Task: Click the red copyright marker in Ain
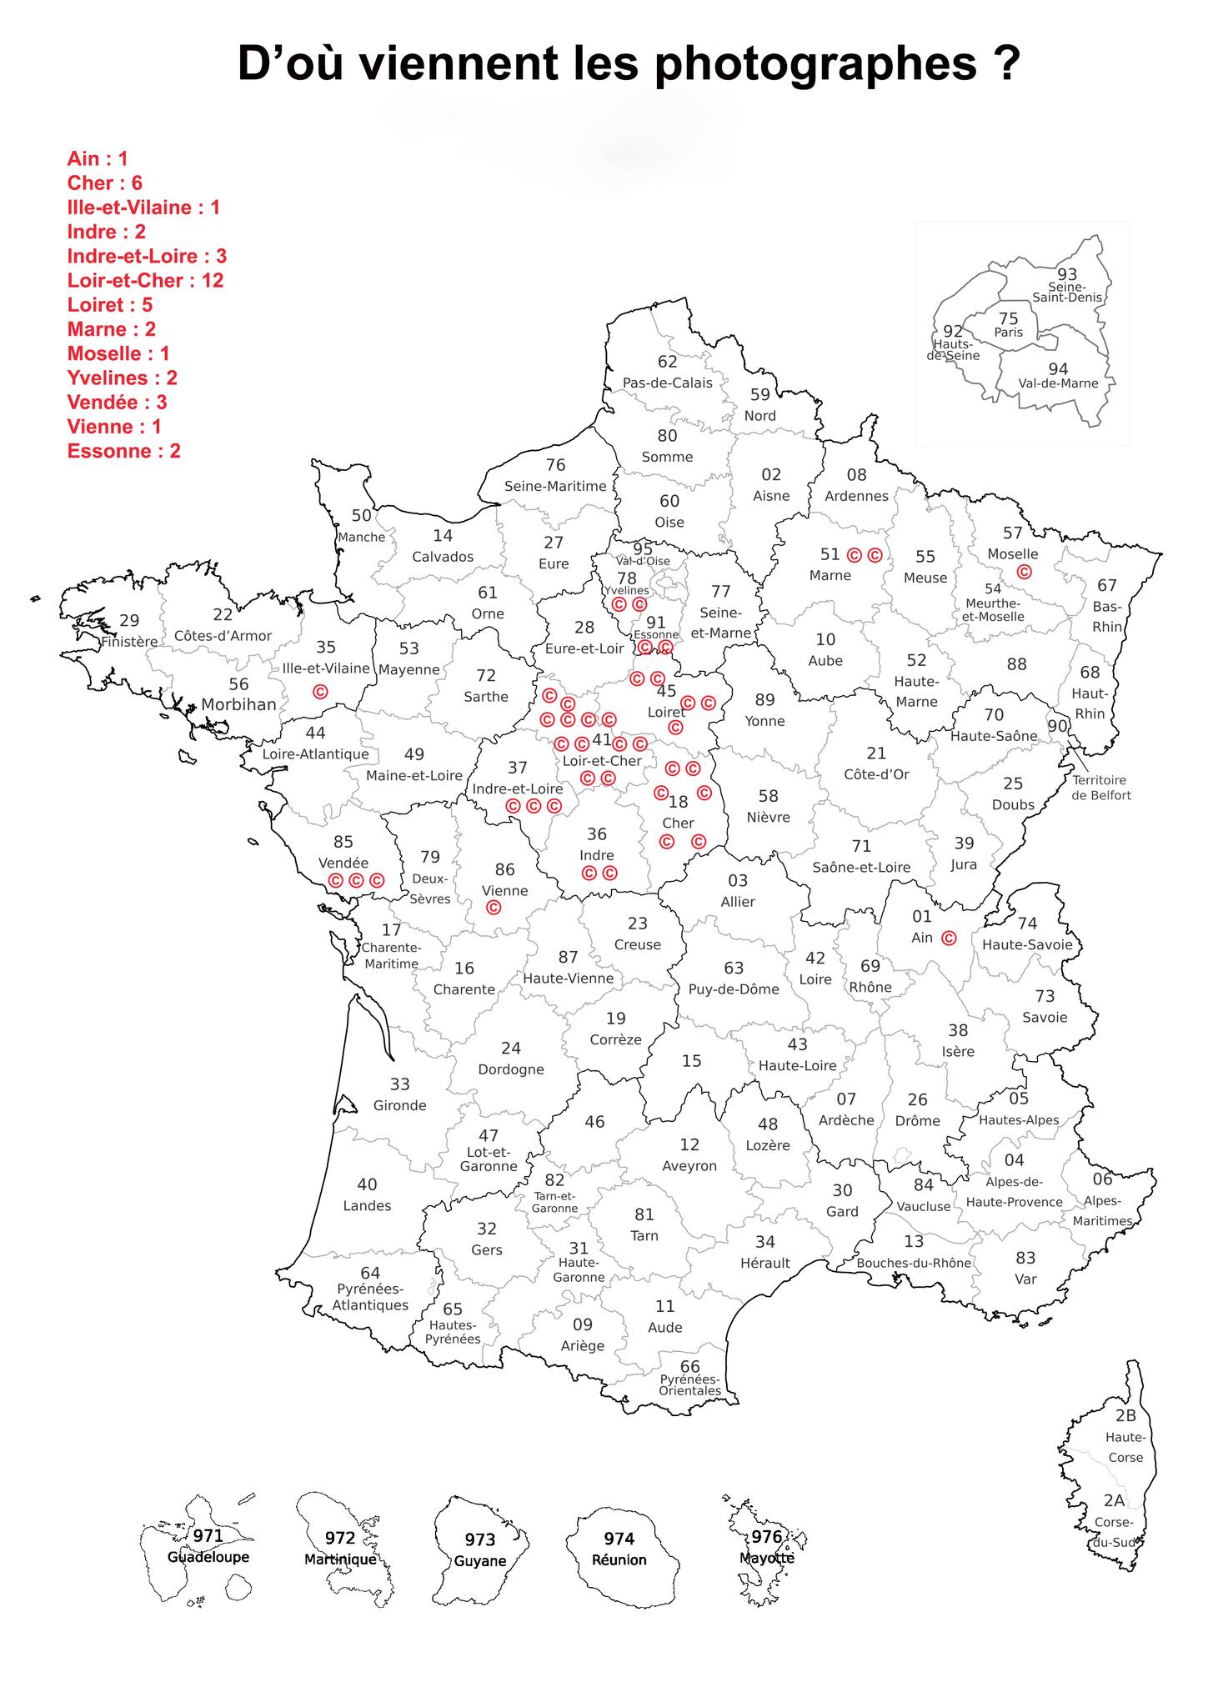pyautogui.click(x=948, y=938)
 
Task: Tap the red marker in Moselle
pyautogui.click(x=1024, y=572)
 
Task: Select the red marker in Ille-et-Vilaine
pyautogui.click(x=319, y=691)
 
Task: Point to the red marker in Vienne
pyautogui.click(x=493, y=907)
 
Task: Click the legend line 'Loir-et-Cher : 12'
pyautogui.click(x=145, y=280)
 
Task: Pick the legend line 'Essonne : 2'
pyautogui.click(x=123, y=451)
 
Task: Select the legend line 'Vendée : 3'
pyautogui.click(x=117, y=402)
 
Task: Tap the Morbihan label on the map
pyautogui.click(x=238, y=704)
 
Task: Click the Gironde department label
pyautogui.click(x=400, y=1105)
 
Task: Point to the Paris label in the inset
pyautogui.click(x=1008, y=333)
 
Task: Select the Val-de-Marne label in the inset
pyautogui.click(x=1058, y=383)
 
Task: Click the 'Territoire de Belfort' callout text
pyautogui.click(x=1101, y=788)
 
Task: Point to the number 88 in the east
pyautogui.click(x=1016, y=664)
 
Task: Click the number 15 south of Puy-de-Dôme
pyautogui.click(x=691, y=1061)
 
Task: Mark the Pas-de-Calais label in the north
pyautogui.click(x=668, y=383)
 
